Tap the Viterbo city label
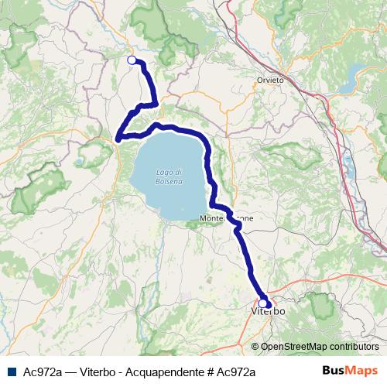(x=269, y=310)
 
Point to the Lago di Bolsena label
(x=169, y=176)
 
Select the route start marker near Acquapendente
(x=132, y=60)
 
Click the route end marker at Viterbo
(x=263, y=303)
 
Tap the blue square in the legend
(x=11, y=372)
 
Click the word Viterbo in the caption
(x=98, y=372)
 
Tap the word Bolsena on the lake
(x=169, y=181)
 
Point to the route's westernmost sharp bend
(x=118, y=139)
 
